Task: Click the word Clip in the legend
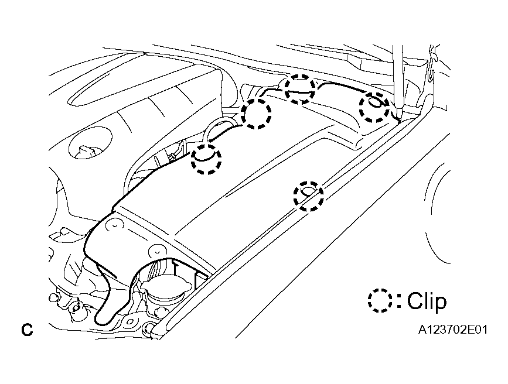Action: pos(427,301)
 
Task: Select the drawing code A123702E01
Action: pos(453,330)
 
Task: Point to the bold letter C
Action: pos(27,330)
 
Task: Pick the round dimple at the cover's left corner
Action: pos(115,224)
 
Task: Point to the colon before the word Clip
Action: pos(399,300)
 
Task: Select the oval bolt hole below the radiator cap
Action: pos(130,322)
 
